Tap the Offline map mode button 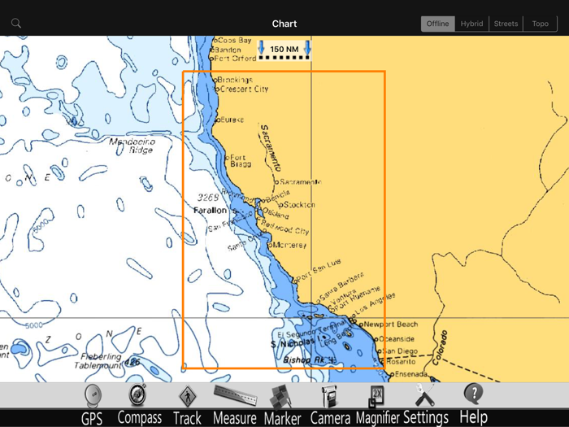(437, 24)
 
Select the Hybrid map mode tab (471, 24)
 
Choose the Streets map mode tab (506, 24)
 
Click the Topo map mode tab (541, 24)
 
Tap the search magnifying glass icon (16, 24)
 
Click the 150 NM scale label (284, 50)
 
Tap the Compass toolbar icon (138, 395)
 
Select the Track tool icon (187, 397)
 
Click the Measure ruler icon (234, 396)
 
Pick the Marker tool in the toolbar (281, 398)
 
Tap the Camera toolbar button (329, 397)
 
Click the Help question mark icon (473, 394)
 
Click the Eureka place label (232, 120)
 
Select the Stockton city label (300, 205)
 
